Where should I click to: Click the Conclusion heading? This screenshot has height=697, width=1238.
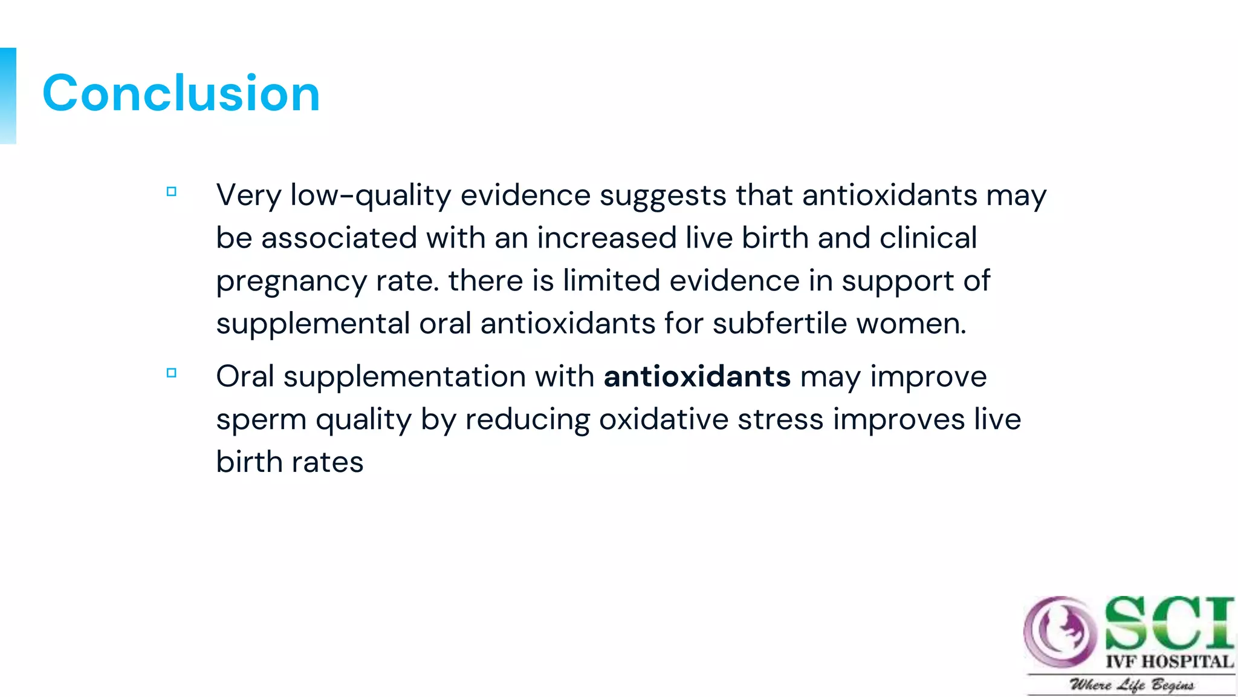[x=181, y=94]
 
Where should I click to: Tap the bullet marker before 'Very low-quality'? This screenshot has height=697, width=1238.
[x=172, y=192]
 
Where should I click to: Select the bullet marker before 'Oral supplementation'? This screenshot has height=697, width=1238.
[x=172, y=373]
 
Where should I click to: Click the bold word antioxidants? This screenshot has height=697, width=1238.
[x=697, y=376]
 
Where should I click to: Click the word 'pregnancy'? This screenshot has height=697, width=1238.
[x=291, y=281]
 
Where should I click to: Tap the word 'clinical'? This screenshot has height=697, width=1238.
[x=928, y=238]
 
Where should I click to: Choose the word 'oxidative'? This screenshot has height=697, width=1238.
[x=663, y=419]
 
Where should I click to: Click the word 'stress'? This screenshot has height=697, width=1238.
[x=780, y=419]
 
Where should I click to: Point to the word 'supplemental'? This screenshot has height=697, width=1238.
[x=313, y=324]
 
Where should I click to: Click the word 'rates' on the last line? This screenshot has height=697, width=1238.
[x=327, y=462]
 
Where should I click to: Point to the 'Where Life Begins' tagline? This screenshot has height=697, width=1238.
[x=1132, y=685]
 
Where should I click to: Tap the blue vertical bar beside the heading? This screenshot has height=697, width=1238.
[x=8, y=96]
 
